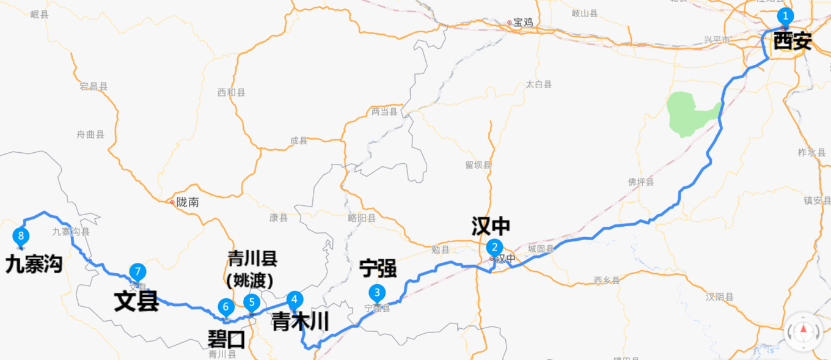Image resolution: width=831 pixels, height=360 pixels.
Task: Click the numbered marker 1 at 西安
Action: [x=785, y=17]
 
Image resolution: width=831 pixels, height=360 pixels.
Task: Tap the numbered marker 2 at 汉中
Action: [x=494, y=248]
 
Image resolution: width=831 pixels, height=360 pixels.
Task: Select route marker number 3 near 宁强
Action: [x=378, y=293]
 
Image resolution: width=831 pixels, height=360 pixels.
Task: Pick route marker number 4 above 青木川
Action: [x=295, y=299]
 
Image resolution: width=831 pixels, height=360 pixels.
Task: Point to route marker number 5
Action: [x=251, y=302]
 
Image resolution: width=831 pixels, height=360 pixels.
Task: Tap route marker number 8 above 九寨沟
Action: [x=21, y=236]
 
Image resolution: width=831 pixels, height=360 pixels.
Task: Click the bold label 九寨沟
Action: [x=34, y=265]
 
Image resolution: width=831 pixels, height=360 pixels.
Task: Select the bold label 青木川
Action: [x=300, y=321]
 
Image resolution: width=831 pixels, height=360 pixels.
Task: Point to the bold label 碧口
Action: [x=227, y=339]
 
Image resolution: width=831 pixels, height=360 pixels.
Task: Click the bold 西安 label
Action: [x=793, y=42]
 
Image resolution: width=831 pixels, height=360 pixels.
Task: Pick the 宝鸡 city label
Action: [x=522, y=23]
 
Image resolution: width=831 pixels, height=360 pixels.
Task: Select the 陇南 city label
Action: [x=187, y=202]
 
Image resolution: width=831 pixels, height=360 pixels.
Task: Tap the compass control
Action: [x=803, y=331]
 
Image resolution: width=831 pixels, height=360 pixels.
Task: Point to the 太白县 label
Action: [x=539, y=84]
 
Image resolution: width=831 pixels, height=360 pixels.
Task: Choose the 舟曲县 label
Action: [x=90, y=134]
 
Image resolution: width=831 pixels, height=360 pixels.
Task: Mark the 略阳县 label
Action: [x=362, y=218]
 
